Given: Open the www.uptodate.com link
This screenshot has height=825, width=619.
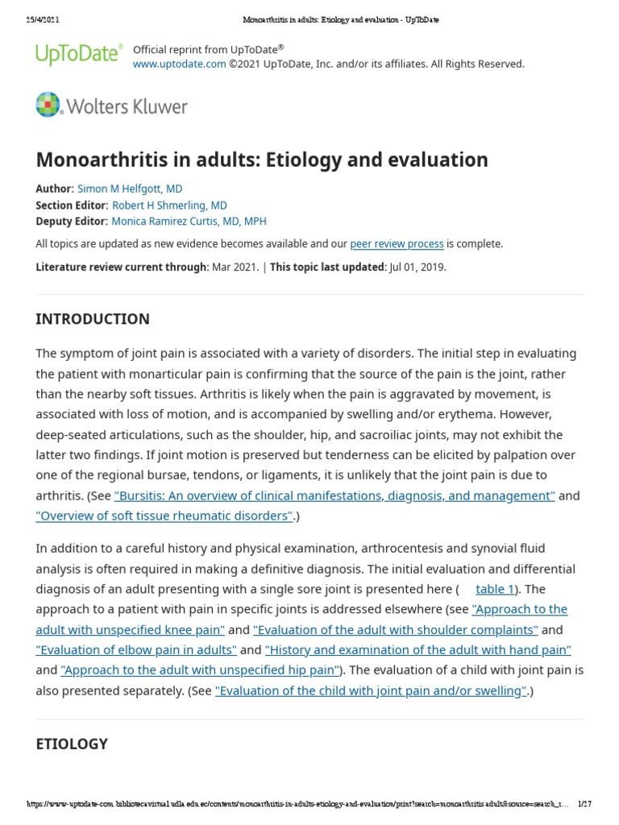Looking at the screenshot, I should coord(179,64).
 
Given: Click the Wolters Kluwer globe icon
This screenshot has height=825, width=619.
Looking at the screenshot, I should coord(48,106).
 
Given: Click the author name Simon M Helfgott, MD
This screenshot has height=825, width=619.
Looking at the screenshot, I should coord(130,189).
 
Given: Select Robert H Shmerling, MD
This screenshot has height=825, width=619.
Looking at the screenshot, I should coord(169,205).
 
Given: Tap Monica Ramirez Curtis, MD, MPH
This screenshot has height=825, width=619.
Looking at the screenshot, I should coord(189,221).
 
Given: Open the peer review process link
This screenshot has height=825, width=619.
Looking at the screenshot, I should coord(397,243).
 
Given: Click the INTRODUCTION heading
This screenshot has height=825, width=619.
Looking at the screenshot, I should coord(93,319).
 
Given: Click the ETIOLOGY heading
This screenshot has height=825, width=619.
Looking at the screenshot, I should coord(72,744).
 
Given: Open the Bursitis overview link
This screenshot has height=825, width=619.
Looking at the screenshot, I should coord(334,495).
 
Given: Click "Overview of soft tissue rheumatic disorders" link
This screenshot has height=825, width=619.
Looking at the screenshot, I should coord(164,516).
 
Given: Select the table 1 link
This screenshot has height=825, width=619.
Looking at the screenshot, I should coord(495,589).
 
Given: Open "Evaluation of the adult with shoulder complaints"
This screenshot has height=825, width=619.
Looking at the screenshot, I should coord(395,629).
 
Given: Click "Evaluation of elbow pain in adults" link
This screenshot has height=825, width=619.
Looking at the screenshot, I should coord(136,649).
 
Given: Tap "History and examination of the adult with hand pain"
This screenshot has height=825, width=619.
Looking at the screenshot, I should coord(418,649).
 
